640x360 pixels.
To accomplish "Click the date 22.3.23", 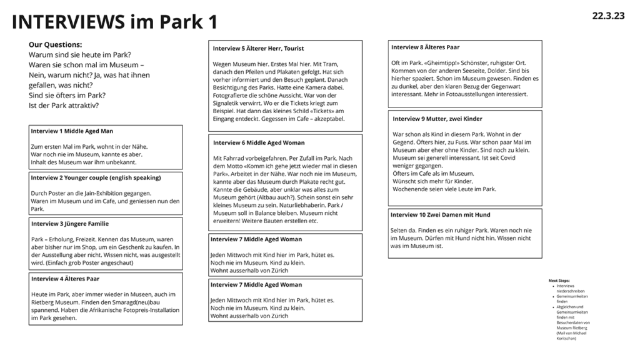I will tap(608, 16).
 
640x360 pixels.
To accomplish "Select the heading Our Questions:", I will tap(55, 45).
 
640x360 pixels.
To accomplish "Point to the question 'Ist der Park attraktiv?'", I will tap(64, 105).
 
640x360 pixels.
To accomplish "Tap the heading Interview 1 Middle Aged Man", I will tap(72, 132).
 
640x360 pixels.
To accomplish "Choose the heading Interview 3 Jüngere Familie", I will tap(70, 223).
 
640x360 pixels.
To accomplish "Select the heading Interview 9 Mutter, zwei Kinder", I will tap(437, 119).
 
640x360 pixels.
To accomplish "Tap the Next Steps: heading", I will tap(559, 281).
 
